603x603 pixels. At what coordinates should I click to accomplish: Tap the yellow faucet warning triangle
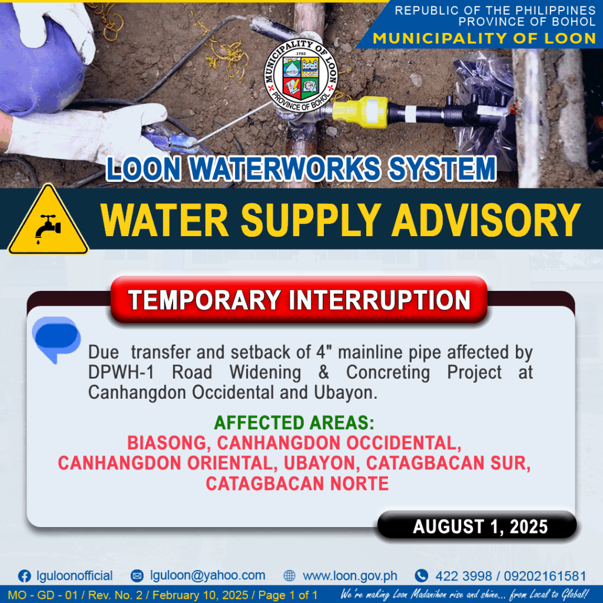click(48, 221)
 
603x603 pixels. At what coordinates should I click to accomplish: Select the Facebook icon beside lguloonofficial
click(25, 576)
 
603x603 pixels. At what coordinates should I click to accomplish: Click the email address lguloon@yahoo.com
click(208, 575)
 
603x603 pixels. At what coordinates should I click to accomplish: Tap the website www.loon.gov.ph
click(350, 576)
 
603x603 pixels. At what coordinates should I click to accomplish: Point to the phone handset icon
click(422, 576)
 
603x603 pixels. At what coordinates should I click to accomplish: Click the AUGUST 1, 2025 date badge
click(477, 526)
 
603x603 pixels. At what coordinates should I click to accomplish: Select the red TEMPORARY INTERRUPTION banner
click(299, 300)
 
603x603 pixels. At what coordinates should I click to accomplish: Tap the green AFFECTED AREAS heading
click(294, 423)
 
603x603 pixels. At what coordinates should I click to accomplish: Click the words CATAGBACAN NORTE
click(297, 483)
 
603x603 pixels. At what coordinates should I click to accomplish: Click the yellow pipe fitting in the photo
click(360, 112)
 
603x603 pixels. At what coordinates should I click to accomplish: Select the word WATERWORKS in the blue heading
click(285, 169)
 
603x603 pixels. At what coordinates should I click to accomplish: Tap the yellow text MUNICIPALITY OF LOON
click(485, 38)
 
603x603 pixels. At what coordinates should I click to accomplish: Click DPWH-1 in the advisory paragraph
click(121, 372)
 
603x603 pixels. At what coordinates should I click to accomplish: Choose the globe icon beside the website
click(290, 576)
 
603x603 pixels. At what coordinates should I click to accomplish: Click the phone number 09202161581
click(545, 576)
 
